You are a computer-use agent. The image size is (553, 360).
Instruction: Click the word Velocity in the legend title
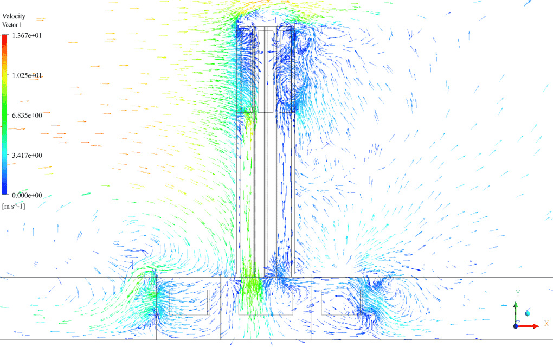14,16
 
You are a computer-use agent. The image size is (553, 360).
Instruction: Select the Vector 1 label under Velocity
12,25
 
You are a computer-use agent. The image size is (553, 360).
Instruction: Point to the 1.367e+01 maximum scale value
27,36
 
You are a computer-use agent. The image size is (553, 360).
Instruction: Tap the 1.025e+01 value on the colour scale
27,75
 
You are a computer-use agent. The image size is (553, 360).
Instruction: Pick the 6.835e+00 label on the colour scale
27,115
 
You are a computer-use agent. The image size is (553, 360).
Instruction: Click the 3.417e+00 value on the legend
27,155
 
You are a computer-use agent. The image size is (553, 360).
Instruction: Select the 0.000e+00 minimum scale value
27,195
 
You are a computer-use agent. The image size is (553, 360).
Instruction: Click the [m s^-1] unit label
14,206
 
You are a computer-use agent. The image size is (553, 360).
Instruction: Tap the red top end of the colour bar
4,36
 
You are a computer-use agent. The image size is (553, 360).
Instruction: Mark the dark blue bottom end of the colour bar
4,192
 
